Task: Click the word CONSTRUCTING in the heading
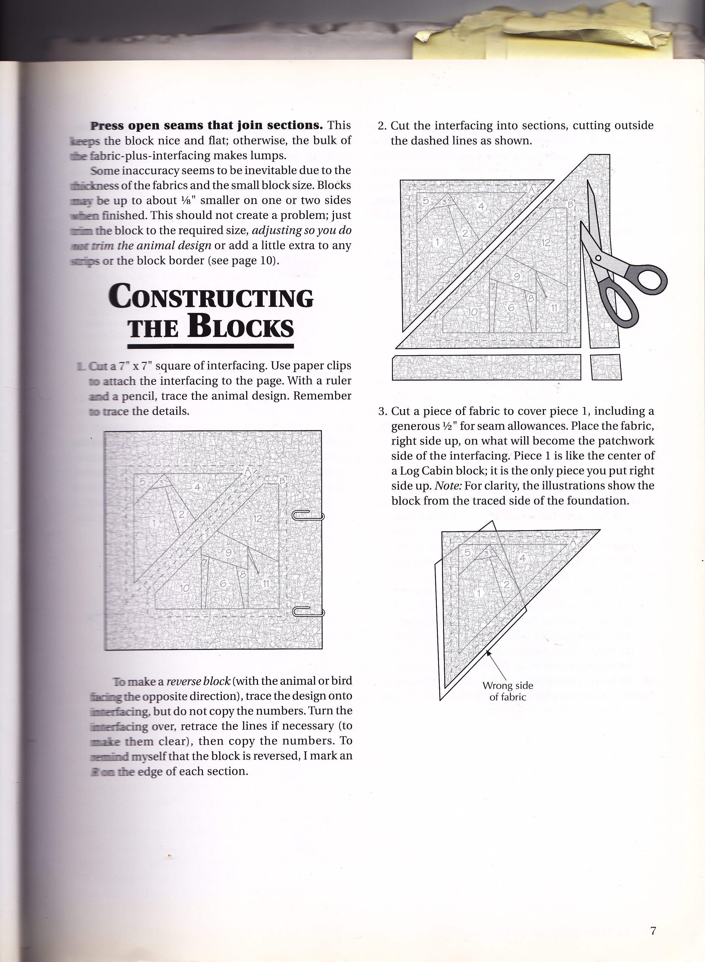211,298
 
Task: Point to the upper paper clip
308,516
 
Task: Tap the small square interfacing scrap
606,367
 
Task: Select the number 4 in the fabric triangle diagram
522,558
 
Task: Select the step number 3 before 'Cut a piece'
382,411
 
